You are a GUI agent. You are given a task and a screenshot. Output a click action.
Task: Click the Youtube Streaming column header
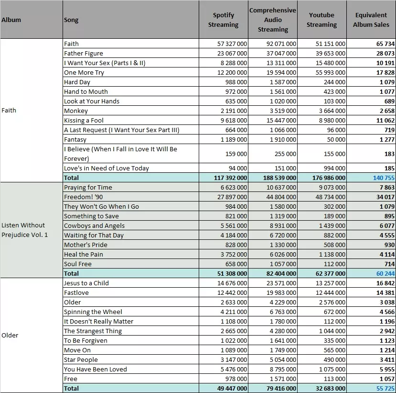tap(321, 20)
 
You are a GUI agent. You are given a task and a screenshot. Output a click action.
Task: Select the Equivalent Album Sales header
tap(371, 20)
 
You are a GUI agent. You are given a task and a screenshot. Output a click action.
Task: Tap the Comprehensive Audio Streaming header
tap(273, 20)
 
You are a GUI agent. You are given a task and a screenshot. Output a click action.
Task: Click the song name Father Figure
tap(84, 54)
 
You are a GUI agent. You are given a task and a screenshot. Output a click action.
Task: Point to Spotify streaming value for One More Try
tap(232, 73)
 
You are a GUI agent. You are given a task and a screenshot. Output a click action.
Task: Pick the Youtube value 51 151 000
tap(331, 44)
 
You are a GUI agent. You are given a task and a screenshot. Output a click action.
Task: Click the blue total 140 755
tap(384, 178)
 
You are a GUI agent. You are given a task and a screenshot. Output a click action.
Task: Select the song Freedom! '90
tap(83, 197)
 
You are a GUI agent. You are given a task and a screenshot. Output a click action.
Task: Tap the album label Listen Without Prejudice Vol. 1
tap(24, 230)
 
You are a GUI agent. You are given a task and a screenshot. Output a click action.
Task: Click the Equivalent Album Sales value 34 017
tap(385, 197)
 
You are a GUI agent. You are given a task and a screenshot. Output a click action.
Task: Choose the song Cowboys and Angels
tap(94, 226)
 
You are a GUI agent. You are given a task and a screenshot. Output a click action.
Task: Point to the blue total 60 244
tap(385, 273)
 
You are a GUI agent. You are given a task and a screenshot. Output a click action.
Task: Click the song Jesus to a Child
tap(86, 283)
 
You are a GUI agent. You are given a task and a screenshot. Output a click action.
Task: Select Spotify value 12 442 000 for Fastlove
tap(232, 293)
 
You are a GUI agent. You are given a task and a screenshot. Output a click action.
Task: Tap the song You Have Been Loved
tap(96, 369)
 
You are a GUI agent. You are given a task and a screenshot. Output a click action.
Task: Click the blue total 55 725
tap(385, 388)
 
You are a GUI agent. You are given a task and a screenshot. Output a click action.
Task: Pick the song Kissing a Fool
tap(84, 121)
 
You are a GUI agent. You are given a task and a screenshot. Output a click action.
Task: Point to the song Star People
tap(81, 359)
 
